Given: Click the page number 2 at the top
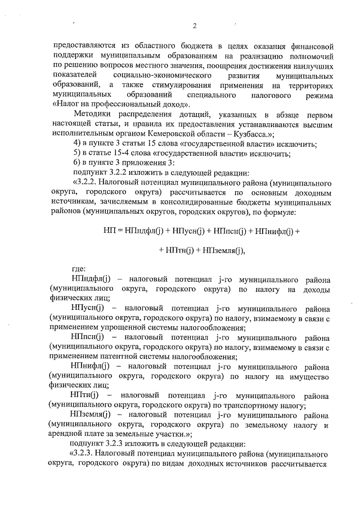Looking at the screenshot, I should coord(194,25).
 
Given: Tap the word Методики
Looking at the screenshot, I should coord(93,114).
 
